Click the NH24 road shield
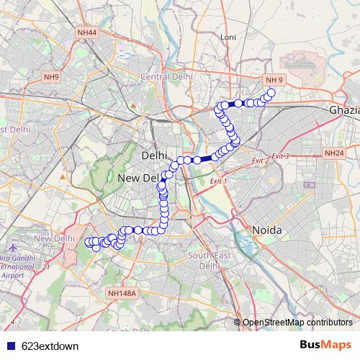click(333, 153)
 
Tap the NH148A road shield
click(121, 293)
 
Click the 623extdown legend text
click(50, 346)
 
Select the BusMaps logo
click(325, 345)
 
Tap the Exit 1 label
click(218, 181)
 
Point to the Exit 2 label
click(259, 160)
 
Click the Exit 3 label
click(280, 156)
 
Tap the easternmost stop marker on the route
click(271, 92)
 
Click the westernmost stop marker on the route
click(89, 242)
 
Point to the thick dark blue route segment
click(205, 159)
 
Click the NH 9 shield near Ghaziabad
click(274, 79)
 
